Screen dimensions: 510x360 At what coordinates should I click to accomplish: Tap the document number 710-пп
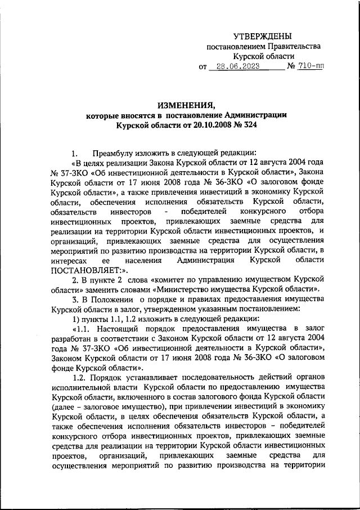[312, 67]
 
